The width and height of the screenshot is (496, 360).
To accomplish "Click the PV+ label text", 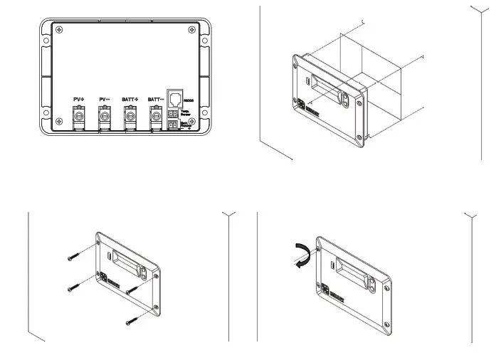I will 79,99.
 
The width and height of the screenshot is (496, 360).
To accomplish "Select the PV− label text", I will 104,99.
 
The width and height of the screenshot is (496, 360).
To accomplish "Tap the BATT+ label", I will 130,99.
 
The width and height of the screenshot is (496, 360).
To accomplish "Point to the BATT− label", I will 155,99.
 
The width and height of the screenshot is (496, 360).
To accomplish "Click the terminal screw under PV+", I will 79,115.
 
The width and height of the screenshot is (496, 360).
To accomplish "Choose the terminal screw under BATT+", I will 130,115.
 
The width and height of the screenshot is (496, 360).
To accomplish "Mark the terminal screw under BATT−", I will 155,115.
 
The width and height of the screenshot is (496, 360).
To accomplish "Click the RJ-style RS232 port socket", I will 174,97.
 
